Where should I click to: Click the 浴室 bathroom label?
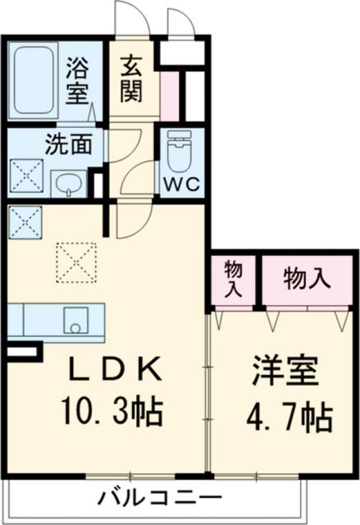pyautogui.click(x=77, y=80)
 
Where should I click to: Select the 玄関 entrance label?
pyautogui.click(x=131, y=79)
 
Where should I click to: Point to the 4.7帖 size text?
pyautogui.click(x=287, y=419)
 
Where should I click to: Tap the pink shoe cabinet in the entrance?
pyautogui.click(x=170, y=97)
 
